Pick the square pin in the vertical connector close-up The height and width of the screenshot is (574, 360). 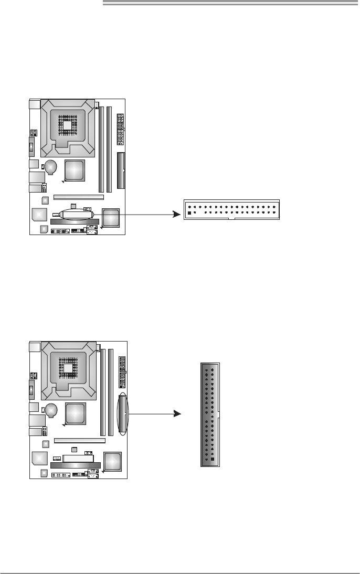[213, 459]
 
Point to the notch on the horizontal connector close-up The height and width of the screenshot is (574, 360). [231, 218]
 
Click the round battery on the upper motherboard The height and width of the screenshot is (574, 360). [51, 167]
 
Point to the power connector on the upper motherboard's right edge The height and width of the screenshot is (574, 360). [120, 129]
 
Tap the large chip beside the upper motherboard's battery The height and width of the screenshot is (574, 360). [74, 171]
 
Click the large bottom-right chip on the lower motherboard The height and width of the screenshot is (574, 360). [112, 461]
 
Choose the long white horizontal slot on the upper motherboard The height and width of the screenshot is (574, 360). [78, 198]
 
